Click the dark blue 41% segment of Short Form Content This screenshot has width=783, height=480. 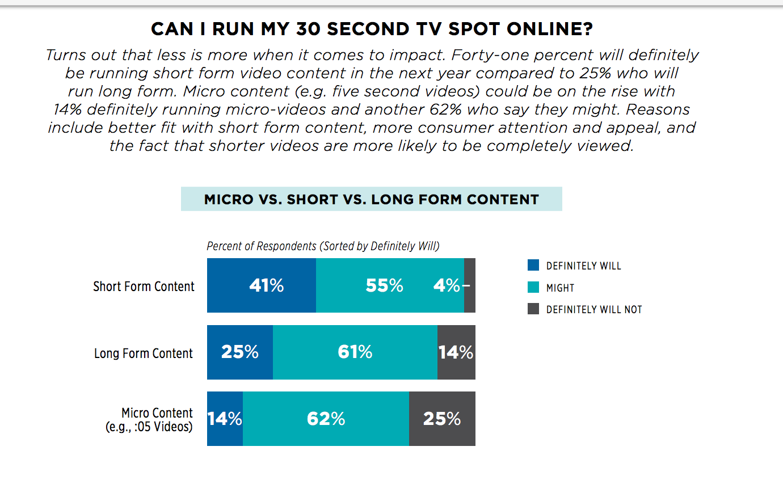[x=262, y=285]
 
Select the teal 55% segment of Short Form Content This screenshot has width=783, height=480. [x=390, y=285]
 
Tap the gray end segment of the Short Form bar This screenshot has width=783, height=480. [x=470, y=285]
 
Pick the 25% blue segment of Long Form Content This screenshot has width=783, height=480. [x=240, y=352]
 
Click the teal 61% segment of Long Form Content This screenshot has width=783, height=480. [x=355, y=352]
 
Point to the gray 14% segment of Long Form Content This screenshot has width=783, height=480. [x=457, y=352]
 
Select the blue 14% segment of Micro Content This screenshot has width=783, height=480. [x=225, y=419]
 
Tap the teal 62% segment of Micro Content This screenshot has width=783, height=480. [x=326, y=419]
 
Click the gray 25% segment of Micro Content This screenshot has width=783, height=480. [x=442, y=419]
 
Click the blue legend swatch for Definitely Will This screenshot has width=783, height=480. [x=533, y=265]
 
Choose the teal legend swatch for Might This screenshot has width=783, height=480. [x=533, y=287]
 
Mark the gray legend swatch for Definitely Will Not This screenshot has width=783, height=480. [x=533, y=309]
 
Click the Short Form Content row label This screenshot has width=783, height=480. [x=144, y=287]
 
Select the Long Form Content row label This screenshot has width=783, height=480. [x=144, y=353]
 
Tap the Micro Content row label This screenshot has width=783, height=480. [x=149, y=419]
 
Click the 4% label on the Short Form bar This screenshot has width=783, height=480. [x=447, y=285]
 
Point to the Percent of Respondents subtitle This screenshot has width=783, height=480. [x=323, y=246]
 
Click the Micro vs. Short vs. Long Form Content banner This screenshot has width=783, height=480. [x=372, y=199]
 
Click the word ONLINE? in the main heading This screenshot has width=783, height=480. [x=550, y=29]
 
